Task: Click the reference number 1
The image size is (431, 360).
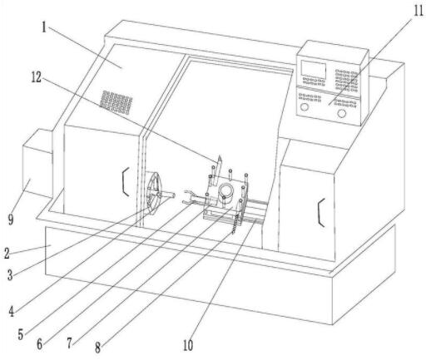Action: click(x=44, y=27)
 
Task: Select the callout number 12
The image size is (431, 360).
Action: click(x=37, y=77)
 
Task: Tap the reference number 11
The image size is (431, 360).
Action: click(x=419, y=11)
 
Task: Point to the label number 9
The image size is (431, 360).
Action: click(x=11, y=219)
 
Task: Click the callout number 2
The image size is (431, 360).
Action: click(x=7, y=254)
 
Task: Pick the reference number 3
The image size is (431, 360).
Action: click(x=10, y=275)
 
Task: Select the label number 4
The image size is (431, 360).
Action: click(x=11, y=311)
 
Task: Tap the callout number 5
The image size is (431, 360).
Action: click(x=21, y=334)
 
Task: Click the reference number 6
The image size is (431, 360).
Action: click(x=40, y=344)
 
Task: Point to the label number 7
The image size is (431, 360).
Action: click(x=69, y=343)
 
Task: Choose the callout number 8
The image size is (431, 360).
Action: click(x=97, y=348)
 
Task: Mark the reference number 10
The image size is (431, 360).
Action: click(x=188, y=345)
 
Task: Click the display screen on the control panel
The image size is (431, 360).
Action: click(x=314, y=69)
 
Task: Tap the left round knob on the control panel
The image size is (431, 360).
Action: click(x=305, y=106)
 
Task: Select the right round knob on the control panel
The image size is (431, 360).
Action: click(x=342, y=113)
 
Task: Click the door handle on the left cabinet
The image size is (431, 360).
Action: click(x=126, y=182)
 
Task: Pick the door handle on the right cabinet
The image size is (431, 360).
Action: click(x=321, y=212)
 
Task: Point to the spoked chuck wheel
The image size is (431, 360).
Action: click(x=154, y=194)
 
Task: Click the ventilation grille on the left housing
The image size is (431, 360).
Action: click(x=116, y=102)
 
